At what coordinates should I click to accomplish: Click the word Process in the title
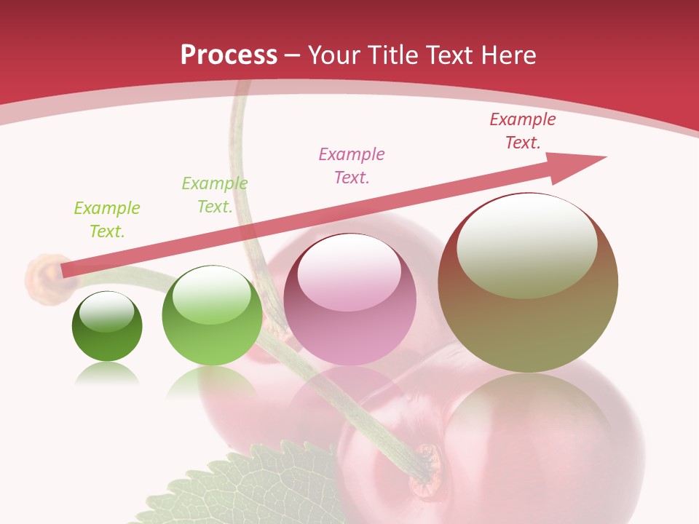[229, 55]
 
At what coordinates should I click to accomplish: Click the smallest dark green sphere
[107, 326]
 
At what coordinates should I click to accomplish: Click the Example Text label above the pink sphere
[352, 165]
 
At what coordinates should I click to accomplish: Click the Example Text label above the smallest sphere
[106, 220]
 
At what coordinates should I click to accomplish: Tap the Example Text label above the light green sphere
[215, 195]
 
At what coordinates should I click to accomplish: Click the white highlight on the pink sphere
[349, 272]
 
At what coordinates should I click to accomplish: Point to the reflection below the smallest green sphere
[107, 374]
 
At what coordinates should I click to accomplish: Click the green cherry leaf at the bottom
[240, 488]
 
